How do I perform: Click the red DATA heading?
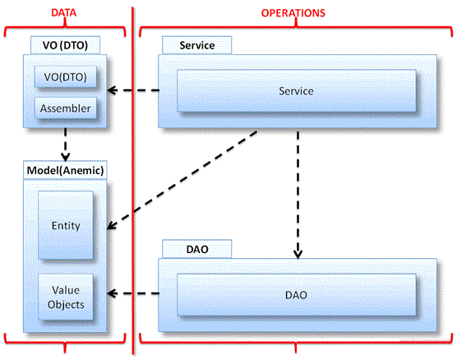pos(64,13)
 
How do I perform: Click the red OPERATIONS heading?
pos(293,13)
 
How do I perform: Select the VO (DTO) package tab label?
pos(65,45)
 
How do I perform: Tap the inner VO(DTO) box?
pos(65,77)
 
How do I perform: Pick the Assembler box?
pos(65,108)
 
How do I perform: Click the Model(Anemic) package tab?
pos(65,170)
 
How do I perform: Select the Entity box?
pos(66,225)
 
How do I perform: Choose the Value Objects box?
pos(66,297)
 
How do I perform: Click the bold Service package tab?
pos(197,45)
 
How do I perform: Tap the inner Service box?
pos(297,91)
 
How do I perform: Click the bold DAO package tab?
pos(197,249)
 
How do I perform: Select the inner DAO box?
pos(297,295)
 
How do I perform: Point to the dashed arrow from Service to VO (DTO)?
pos(133,90)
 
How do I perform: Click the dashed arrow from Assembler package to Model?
pos(65,145)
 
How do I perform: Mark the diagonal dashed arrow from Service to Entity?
pos(182,180)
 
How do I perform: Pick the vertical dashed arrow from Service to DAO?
pos(298,195)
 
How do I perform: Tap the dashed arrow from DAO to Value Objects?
pos(133,293)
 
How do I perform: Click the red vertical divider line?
pos(133,181)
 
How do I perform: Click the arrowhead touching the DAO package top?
pos(298,254)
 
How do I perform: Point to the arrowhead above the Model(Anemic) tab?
pos(65,157)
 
